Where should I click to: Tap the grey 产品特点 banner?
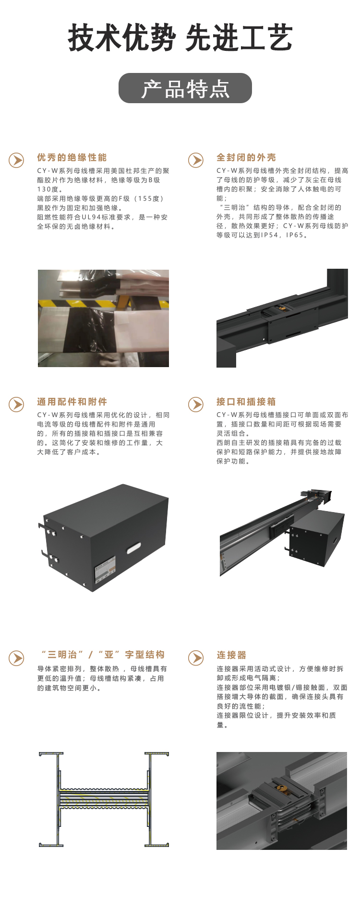[x=185, y=88]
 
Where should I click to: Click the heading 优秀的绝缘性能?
[x=72, y=157]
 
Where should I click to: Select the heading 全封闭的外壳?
[x=246, y=157]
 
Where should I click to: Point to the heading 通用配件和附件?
[x=72, y=402]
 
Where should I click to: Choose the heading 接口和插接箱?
[x=246, y=402]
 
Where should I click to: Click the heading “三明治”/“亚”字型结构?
[x=103, y=655]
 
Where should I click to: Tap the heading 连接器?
[x=231, y=655]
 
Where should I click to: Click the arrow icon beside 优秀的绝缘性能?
[x=16, y=160]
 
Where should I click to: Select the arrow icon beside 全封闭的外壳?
[x=195, y=160]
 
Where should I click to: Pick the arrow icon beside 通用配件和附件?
[x=16, y=404]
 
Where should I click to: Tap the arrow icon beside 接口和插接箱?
[x=195, y=404]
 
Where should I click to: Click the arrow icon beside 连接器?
[x=195, y=657]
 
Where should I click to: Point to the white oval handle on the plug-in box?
[x=133, y=548]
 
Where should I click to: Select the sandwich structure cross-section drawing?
[x=104, y=799]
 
